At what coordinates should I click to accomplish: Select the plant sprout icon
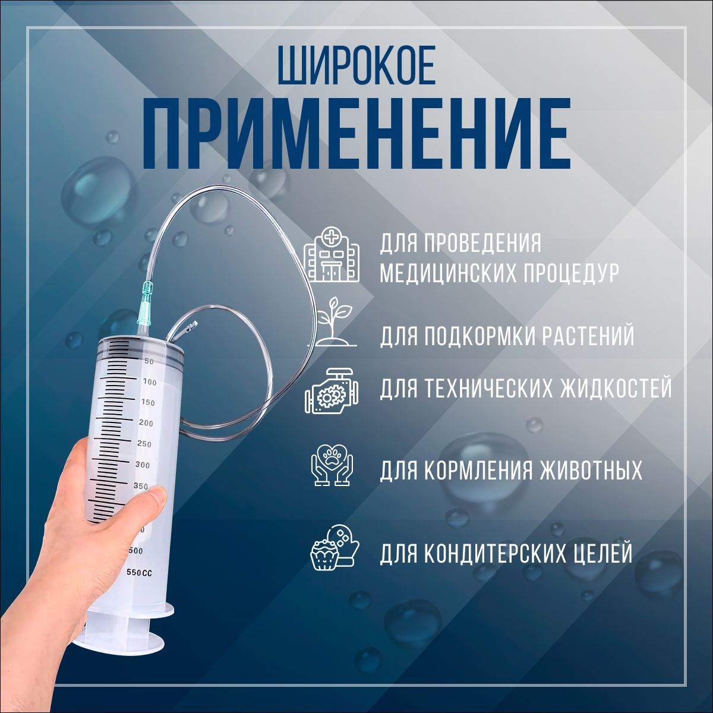pos(333,322)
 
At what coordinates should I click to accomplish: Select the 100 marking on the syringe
pos(150,382)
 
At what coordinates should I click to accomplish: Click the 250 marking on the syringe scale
pos(144,444)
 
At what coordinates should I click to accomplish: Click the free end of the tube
pos(193,326)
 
